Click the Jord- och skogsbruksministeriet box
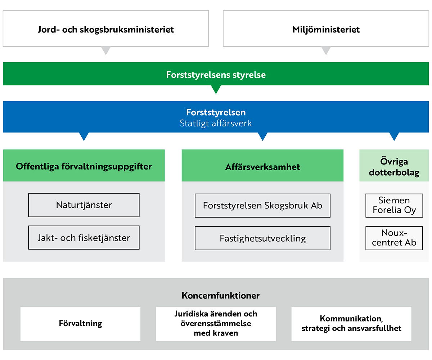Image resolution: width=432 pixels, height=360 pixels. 106,28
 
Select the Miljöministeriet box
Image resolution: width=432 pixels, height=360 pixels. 326,28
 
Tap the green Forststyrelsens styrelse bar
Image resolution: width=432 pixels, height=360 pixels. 216,74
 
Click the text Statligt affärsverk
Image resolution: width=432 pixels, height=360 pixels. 216,123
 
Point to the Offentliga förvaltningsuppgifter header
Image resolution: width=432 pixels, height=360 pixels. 84,165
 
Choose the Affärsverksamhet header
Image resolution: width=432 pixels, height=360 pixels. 262,165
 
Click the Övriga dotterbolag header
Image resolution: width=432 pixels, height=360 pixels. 394,165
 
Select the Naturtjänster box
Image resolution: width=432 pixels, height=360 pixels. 84,205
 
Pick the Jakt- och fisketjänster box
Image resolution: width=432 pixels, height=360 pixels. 84,238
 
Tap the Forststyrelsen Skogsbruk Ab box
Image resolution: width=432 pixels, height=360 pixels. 262,206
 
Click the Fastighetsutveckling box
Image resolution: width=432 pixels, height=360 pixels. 262,238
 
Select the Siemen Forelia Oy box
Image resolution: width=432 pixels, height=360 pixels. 394,206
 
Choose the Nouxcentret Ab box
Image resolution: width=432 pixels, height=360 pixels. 394,238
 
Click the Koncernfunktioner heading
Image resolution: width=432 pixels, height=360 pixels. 221,296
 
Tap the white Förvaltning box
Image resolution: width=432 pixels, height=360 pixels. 80,324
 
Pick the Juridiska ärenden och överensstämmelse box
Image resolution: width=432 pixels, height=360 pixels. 216,324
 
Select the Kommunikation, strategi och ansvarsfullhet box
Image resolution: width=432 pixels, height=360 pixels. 351,324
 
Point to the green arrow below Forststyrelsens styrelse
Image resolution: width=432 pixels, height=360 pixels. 216,89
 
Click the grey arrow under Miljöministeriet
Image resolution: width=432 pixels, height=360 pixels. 326,50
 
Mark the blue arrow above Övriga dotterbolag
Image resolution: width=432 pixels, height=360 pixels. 394,136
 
